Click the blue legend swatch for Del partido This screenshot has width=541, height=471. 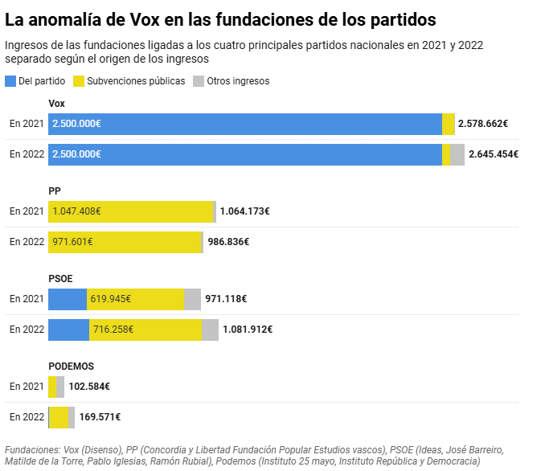tap(10, 81)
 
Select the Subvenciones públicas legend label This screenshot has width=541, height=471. tap(136, 81)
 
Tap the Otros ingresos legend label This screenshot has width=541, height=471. tap(238, 81)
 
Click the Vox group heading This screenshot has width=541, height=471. tap(57, 104)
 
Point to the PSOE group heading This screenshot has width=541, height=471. tap(60, 278)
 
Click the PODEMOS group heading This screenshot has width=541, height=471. tap(71, 366)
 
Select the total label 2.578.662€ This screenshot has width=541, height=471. tap(483, 124)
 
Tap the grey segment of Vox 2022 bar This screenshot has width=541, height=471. tap(457, 154)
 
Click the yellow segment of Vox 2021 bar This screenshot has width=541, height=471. tap(449, 124)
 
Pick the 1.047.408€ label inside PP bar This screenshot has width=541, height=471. tap(76, 211)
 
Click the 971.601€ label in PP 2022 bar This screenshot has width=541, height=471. tap(72, 242)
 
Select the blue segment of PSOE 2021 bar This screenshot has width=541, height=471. tap(68, 299)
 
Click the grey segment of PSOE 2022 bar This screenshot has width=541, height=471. tap(211, 330)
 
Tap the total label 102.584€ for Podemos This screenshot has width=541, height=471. tap(89, 387)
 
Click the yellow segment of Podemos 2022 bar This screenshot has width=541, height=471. tap(59, 417)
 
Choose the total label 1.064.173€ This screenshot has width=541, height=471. tap(244, 211)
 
